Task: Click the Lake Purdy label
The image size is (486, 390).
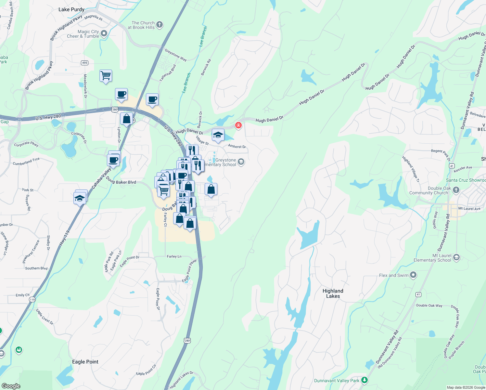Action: point(71,9)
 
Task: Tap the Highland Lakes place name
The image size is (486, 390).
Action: point(333,293)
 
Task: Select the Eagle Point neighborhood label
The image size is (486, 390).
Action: point(85,362)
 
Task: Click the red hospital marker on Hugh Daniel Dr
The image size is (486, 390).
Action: point(238,125)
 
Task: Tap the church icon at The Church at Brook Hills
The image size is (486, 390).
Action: point(160,25)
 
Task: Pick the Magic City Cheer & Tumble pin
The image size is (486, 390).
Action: point(104,33)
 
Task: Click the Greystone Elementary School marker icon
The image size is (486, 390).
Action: point(241,162)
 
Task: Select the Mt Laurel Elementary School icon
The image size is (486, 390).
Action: point(456,258)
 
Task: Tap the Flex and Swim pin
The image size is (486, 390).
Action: point(413,275)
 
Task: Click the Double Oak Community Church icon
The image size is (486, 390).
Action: point(456,190)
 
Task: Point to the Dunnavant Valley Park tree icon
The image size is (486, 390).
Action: point(364,380)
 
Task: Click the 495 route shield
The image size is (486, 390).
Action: point(84,63)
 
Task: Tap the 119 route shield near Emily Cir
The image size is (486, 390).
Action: point(32,299)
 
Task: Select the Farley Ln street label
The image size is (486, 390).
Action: point(174,256)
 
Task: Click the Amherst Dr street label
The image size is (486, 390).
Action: point(237,147)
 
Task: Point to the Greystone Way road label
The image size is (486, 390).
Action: point(176,55)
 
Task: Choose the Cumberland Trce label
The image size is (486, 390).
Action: point(26,162)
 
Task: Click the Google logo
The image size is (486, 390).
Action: point(11,386)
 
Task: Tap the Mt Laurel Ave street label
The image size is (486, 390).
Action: point(469,208)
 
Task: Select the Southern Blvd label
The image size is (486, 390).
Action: point(36,268)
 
